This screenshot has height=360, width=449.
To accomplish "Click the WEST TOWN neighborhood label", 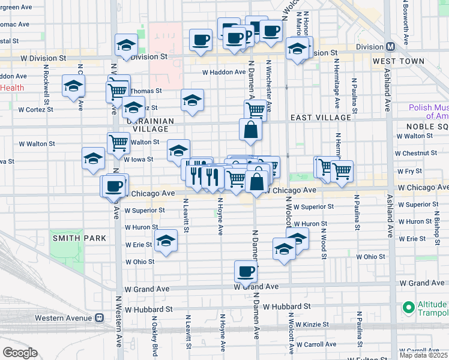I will click(398, 62).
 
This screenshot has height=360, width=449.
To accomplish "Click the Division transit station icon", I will click(391, 47).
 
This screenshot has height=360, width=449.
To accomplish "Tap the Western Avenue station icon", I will click(100, 318).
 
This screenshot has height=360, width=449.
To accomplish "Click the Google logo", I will click(20, 353).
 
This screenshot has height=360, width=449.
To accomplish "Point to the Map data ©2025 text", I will click(423, 355).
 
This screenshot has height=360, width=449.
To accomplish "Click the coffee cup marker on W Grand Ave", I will click(245, 272).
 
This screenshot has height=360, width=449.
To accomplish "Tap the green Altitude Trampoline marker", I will click(409, 307).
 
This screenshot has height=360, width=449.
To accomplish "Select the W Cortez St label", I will click(35, 110).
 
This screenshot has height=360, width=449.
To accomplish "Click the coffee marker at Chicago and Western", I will click(113, 186).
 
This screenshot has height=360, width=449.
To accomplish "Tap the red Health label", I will click(12, 88).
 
